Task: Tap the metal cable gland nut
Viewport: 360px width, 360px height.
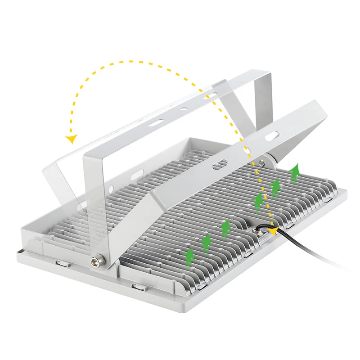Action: pos(261,232)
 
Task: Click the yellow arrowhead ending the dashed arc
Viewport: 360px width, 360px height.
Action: pos(71,138)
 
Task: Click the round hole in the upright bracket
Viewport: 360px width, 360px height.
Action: pos(184,109)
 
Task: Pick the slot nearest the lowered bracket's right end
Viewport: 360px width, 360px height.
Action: pos(272,135)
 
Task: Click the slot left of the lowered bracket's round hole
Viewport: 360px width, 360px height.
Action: pos(220,164)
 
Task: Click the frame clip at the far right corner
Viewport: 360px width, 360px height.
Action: pos(330,198)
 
